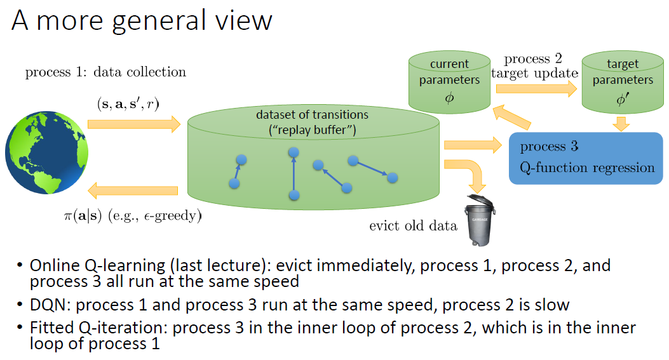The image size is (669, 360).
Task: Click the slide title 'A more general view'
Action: pos(142,21)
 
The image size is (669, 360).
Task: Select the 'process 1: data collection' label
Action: pos(105,72)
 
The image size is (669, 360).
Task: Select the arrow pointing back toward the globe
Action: pos(133,190)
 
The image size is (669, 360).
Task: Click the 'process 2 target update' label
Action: pos(534,66)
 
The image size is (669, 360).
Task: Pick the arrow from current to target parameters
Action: pos(534,90)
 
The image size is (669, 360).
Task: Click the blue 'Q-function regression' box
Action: pos(586,157)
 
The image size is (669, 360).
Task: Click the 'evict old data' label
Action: pos(413,225)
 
